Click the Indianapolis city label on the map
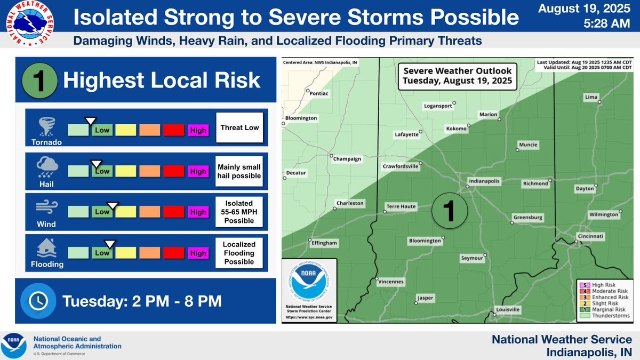(484, 181)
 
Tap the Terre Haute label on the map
(401, 206)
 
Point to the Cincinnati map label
(590, 236)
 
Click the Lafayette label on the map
(406, 134)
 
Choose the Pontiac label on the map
(319, 93)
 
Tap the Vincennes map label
(391, 282)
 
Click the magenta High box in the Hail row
(198, 171)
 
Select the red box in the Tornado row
(174, 130)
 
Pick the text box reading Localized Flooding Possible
(239, 253)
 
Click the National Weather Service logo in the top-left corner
(28, 23)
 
